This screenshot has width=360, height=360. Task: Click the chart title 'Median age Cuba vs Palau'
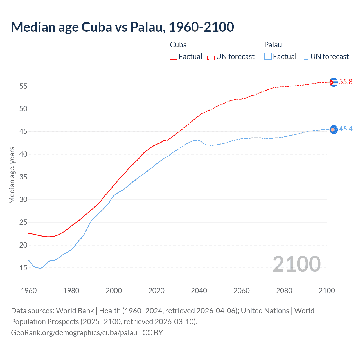point(122,27)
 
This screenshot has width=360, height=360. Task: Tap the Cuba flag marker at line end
point(334,82)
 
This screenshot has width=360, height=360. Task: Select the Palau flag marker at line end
point(334,129)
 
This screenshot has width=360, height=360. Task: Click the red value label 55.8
point(346,82)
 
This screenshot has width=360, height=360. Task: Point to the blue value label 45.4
point(346,129)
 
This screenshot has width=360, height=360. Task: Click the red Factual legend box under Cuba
point(174,57)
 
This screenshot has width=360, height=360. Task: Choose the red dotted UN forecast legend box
point(211,57)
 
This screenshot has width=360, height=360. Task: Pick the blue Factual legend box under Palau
point(268,57)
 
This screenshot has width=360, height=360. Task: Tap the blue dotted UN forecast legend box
point(305,57)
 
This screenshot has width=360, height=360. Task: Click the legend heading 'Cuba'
point(178,45)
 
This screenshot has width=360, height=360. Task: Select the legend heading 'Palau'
point(273,45)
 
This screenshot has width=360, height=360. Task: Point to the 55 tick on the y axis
point(23,86)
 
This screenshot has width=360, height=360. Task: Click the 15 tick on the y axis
point(23,268)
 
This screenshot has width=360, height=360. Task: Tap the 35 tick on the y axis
point(23,177)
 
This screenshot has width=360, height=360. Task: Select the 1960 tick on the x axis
point(29,291)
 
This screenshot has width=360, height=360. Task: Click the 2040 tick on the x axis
point(199,291)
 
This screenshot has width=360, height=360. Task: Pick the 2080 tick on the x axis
point(284,291)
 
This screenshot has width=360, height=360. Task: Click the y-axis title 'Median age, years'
point(12,175)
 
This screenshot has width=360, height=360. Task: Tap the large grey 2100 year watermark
point(296,264)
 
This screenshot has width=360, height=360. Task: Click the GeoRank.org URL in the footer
point(74,333)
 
